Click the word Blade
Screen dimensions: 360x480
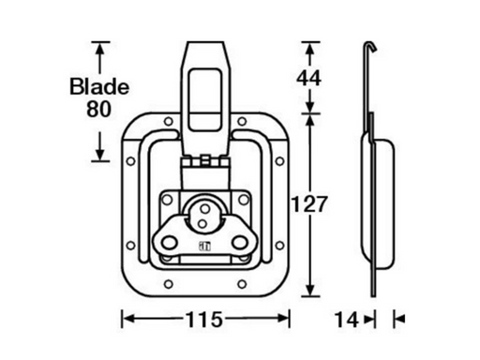click(98, 87)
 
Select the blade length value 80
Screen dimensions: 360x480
click(98, 109)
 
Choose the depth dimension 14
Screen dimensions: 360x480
click(346, 319)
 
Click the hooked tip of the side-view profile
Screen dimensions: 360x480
click(367, 44)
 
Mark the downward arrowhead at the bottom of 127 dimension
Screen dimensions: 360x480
click(307, 290)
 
